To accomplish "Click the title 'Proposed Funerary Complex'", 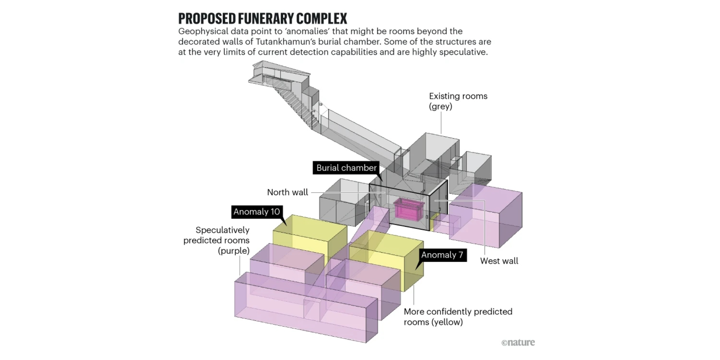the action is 263,18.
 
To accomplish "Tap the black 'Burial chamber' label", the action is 346,168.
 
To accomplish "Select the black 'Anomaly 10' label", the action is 257,212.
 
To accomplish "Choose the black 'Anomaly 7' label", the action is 442,255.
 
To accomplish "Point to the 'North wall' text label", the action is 288,192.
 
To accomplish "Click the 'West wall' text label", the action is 499,261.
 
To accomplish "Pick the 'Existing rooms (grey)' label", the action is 458,101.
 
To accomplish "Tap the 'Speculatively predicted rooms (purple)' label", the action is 216,240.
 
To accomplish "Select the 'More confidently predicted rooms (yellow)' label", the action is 458,317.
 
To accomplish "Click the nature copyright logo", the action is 518,342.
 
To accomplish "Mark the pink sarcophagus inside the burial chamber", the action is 409,208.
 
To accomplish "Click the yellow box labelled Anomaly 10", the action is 310,238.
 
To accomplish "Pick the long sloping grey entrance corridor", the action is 360,137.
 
